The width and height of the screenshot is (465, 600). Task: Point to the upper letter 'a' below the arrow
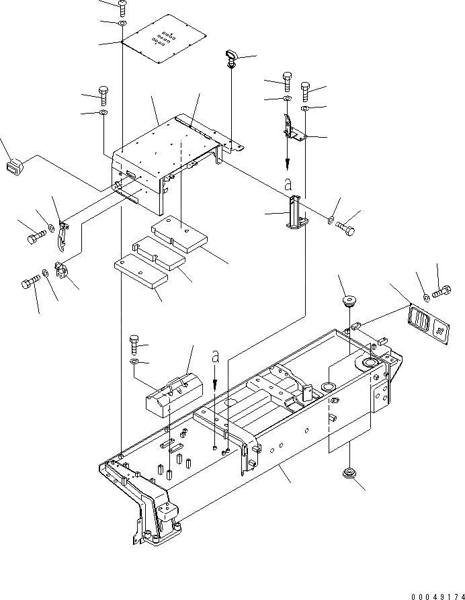(288, 183)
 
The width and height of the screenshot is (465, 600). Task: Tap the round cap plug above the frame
(347, 300)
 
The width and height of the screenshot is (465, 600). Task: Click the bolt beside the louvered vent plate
(442, 292)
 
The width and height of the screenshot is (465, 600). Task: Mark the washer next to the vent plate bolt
(428, 296)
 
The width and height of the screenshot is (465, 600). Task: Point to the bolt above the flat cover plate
(122, 7)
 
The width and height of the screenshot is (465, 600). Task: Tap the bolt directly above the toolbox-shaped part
(134, 345)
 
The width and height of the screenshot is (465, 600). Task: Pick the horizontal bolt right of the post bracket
(345, 229)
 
